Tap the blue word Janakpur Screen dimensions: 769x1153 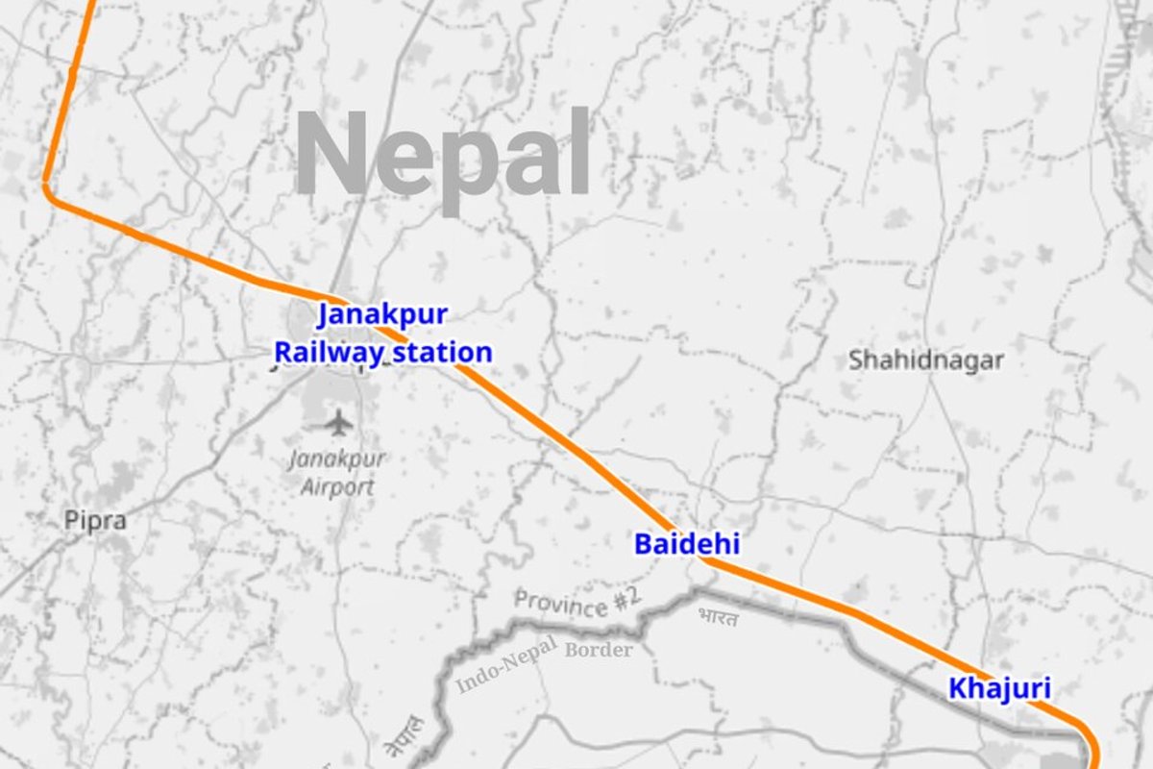pyautogui.click(x=382, y=314)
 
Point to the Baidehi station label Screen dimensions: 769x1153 pyautogui.click(x=686, y=544)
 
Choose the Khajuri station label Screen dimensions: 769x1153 pyautogui.click(x=999, y=688)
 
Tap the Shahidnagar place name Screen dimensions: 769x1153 pyautogui.click(x=925, y=360)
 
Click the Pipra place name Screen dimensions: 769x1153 pyautogui.click(x=95, y=521)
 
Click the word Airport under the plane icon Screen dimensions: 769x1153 pyautogui.click(x=337, y=486)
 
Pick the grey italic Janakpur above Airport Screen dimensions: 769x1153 pyautogui.click(x=336, y=459)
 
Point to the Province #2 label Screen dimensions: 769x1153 pyautogui.click(x=576, y=603)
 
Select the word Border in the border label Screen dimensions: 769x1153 pyautogui.click(x=599, y=650)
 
